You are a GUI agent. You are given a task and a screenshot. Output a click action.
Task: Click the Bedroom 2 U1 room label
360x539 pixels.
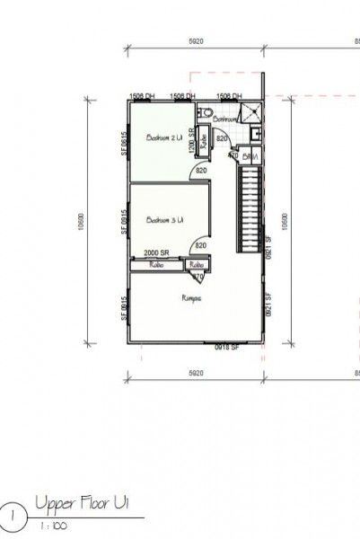pyautogui.click(x=164, y=137)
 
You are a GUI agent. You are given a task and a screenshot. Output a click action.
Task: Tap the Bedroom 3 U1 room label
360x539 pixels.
pyautogui.click(x=165, y=220)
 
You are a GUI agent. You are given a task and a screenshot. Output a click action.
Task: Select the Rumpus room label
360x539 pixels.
pyautogui.click(x=190, y=297)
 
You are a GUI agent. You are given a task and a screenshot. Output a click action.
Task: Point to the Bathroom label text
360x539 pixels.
pyautogui.click(x=224, y=118)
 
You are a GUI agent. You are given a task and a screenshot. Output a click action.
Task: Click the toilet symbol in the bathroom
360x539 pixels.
pyautogui.click(x=206, y=113)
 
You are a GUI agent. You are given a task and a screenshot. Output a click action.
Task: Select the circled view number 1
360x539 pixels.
pyautogui.click(x=13, y=515)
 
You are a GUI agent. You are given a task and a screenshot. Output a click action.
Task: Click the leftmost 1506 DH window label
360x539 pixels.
pyautogui.click(x=143, y=95)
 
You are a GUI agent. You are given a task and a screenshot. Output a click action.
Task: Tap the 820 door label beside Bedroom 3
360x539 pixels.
pyautogui.click(x=201, y=245)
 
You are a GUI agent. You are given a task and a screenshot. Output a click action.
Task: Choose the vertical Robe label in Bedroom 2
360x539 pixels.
pyautogui.click(x=204, y=142)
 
